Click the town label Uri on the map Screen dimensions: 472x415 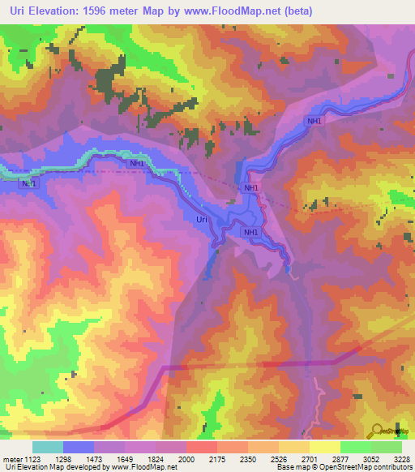(x=203, y=219)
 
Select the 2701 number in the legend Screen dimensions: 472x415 (x=310, y=459)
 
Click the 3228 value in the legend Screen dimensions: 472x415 (x=400, y=459)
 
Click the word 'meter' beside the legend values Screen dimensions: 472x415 (x=12, y=459)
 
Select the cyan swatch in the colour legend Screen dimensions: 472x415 (x=48, y=447)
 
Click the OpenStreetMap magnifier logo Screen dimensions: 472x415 (x=375, y=431)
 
